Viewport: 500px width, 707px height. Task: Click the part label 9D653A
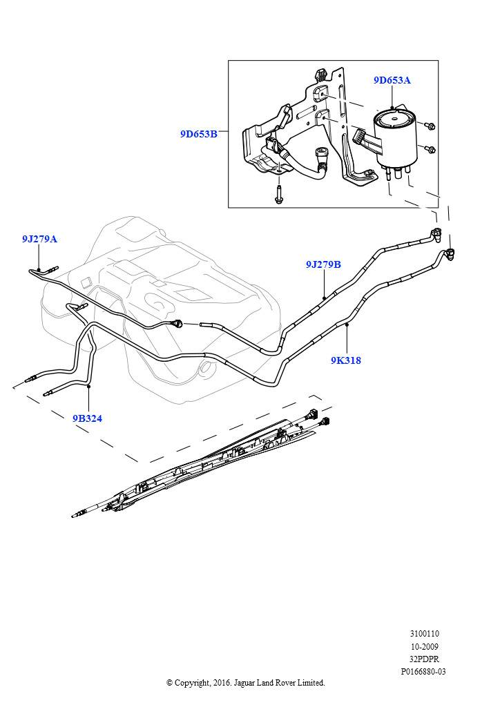point(392,80)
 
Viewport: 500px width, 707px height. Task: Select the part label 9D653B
point(199,134)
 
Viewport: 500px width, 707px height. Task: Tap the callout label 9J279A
point(39,239)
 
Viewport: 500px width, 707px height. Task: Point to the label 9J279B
point(323,264)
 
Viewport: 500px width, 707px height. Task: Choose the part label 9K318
point(346,360)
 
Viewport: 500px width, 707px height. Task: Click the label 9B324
point(88,418)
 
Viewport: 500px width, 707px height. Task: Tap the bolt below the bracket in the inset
point(278,195)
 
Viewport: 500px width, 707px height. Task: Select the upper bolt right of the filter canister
point(430,126)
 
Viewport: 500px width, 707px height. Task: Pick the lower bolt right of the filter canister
point(430,149)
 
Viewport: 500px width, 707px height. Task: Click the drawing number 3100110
point(424,634)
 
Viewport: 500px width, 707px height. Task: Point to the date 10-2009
point(424,646)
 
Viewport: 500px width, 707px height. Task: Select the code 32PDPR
point(424,659)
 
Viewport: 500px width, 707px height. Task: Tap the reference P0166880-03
point(423,671)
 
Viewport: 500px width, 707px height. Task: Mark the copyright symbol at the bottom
point(169,683)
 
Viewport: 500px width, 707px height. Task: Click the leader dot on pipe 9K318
point(347,325)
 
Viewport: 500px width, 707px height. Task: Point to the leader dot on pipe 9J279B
point(324,298)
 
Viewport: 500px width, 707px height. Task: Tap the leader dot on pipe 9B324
point(89,387)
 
